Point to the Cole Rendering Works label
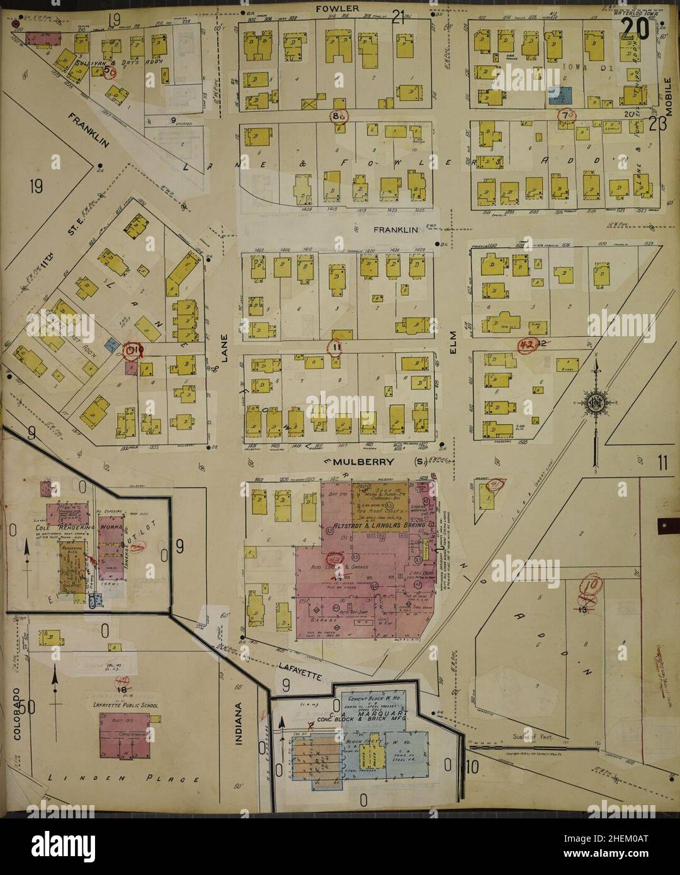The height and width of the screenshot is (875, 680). (69, 526)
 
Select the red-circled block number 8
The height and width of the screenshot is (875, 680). (339, 116)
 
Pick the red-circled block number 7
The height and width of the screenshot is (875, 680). (568, 115)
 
